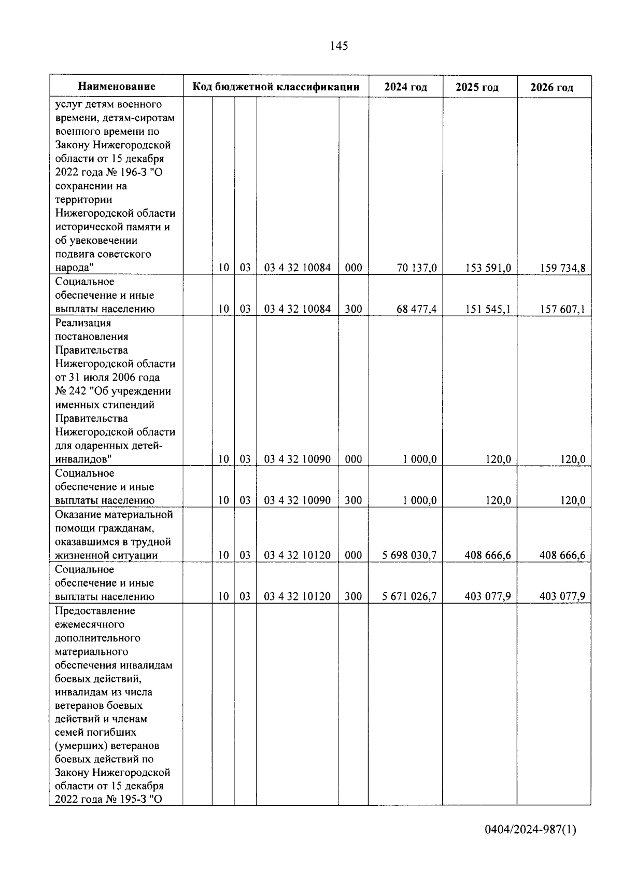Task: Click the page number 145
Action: tap(338, 46)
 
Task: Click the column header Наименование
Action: tap(117, 87)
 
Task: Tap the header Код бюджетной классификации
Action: tap(276, 87)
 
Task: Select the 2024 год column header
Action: tap(405, 87)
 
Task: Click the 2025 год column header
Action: tap(477, 87)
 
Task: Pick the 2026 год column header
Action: tap(552, 87)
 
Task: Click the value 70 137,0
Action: tap(417, 268)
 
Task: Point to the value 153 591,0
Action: tap(488, 268)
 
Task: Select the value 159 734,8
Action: tap(562, 268)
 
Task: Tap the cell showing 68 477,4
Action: tap(417, 309)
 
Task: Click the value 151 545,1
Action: tap(488, 309)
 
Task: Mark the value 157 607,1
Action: tap(562, 309)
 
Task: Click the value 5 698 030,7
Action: tap(409, 555)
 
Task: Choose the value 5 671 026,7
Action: tap(409, 596)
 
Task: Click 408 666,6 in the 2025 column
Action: tap(488, 555)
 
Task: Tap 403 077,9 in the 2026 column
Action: tap(562, 596)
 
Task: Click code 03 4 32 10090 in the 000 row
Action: tap(298, 459)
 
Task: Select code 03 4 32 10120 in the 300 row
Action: tap(298, 596)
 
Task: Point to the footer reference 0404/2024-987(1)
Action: tap(530, 830)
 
